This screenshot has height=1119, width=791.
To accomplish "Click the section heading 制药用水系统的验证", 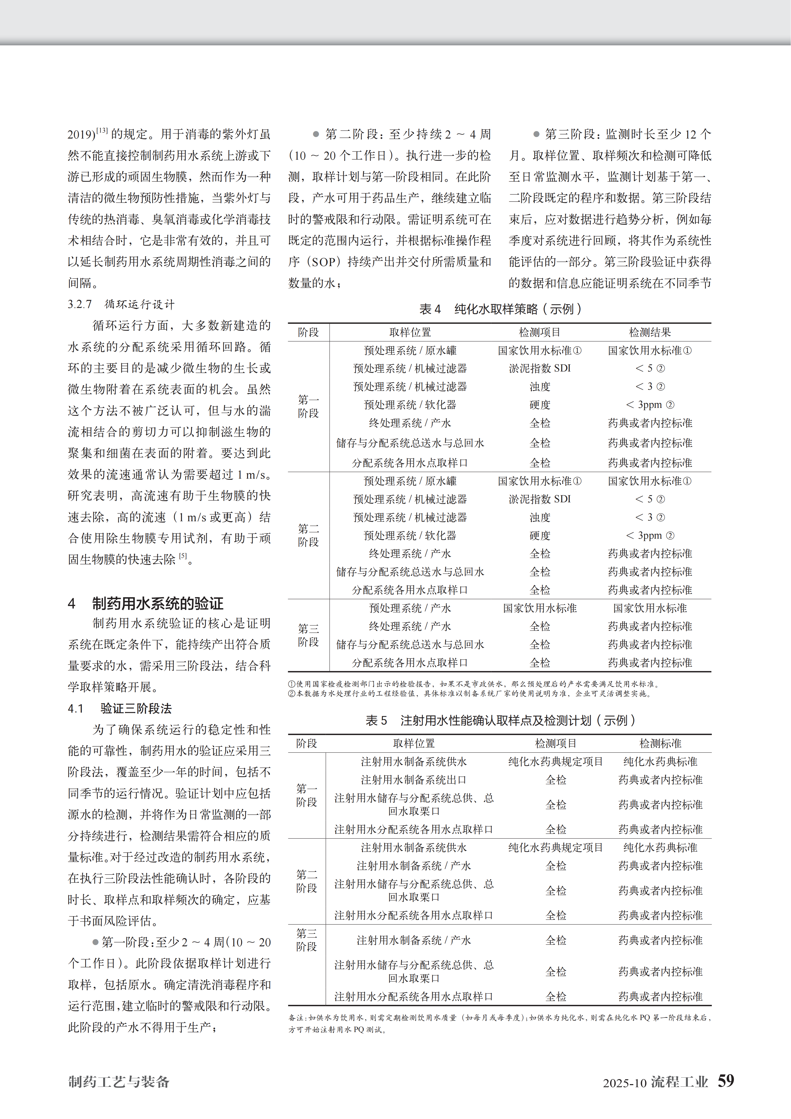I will tap(157, 603).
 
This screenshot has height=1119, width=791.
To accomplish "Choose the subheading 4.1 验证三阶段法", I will tap(120, 708).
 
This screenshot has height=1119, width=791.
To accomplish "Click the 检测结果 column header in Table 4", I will tap(650, 332).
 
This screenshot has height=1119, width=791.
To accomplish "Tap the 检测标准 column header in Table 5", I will tap(660, 743).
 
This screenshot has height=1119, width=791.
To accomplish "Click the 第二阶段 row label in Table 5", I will tap(306, 881).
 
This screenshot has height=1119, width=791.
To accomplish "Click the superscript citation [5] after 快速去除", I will tap(183, 556).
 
